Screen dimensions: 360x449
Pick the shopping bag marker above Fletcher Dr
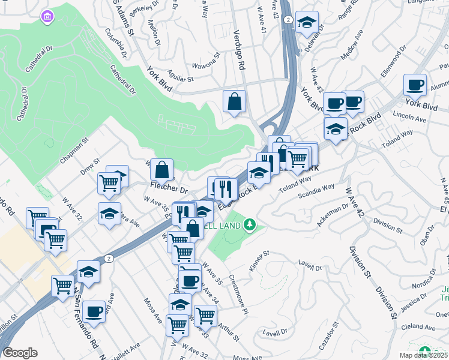(x=161, y=169)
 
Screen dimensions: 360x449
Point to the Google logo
(x=20, y=353)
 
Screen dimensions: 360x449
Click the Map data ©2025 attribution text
(x=424, y=355)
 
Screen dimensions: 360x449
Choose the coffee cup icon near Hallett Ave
(x=94, y=311)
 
